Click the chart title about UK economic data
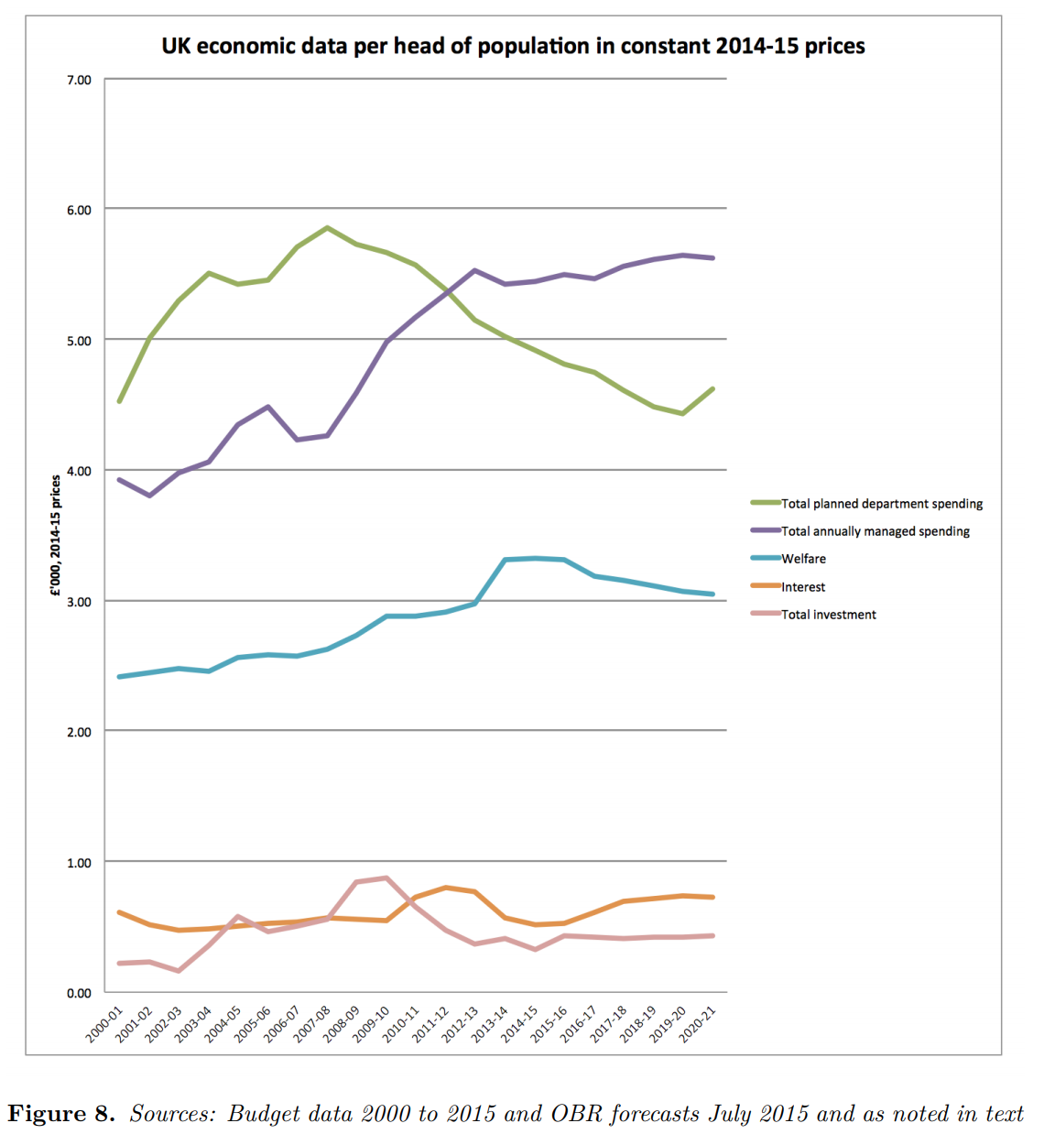(513, 46)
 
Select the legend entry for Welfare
(802, 559)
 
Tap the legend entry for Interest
(802, 587)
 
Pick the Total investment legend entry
(828, 615)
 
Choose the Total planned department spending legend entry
(881, 504)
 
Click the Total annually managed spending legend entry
(875, 531)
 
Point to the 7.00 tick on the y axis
(79, 80)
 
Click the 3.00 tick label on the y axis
(79, 602)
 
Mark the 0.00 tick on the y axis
(79, 993)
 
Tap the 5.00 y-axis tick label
(79, 341)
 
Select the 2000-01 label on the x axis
(104, 1023)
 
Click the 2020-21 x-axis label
(697, 1023)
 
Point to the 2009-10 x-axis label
(371, 1023)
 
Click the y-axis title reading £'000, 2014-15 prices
(56, 536)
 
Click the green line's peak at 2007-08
(327, 227)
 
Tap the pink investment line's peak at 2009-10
(386, 878)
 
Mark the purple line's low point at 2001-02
(149, 496)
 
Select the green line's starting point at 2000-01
(119, 401)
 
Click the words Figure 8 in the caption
(60, 1114)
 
